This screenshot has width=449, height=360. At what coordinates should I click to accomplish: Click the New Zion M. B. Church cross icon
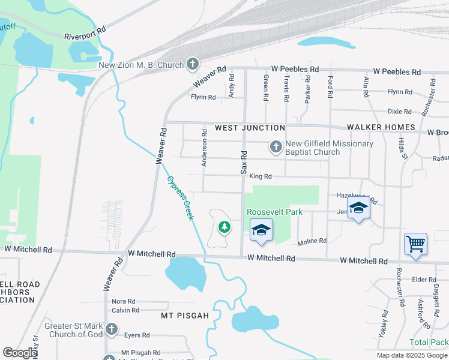click(193, 63)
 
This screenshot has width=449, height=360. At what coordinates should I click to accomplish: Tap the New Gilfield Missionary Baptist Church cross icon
click(276, 146)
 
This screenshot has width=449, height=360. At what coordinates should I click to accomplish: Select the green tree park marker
click(224, 227)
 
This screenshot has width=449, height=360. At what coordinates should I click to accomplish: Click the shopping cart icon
click(415, 244)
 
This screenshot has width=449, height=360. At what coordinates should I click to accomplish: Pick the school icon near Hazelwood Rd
click(358, 208)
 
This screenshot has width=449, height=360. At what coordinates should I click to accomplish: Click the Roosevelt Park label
click(274, 212)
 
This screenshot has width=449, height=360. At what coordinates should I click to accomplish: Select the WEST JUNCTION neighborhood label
click(250, 128)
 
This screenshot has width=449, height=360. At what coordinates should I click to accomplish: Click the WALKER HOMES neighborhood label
click(381, 127)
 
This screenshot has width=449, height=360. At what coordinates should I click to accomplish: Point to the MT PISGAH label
click(185, 315)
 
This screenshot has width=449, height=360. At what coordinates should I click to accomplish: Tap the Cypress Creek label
click(181, 197)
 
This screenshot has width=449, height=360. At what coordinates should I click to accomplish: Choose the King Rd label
click(261, 176)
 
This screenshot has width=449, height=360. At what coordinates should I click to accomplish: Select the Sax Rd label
click(244, 163)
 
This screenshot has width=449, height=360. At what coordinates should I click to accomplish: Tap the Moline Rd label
click(312, 241)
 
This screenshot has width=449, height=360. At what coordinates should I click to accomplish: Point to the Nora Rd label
click(123, 301)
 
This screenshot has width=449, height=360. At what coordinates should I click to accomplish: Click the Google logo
click(20, 353)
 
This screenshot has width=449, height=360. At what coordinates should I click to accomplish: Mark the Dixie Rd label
click(399, 112)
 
